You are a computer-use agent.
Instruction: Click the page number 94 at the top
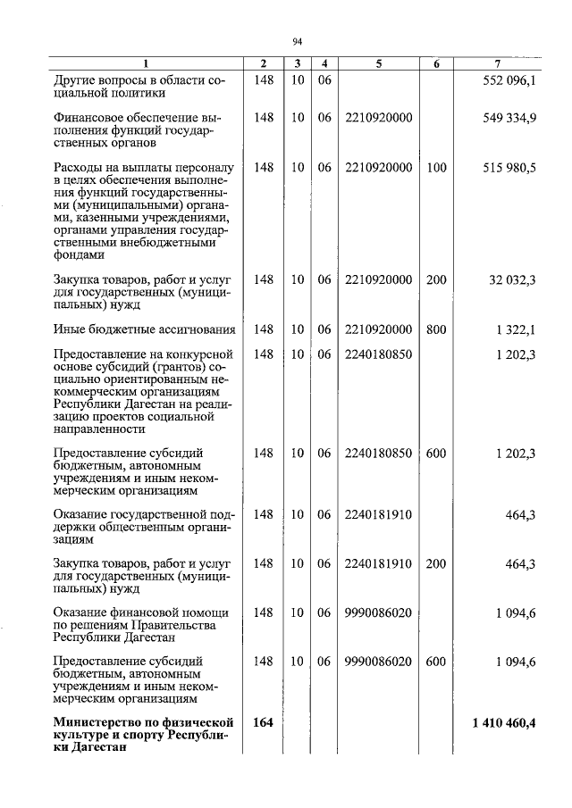coord(299,40)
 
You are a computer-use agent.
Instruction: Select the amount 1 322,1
coord(516,329)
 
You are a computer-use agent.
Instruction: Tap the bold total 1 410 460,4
coord(504,722)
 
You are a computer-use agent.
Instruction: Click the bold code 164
coord(263,722)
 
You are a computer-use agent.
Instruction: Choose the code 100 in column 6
coord(436,167)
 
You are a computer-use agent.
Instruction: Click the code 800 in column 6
coord(436,329)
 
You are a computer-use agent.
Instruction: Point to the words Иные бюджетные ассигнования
coord(144,329)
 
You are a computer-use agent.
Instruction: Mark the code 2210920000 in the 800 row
coord(378,329)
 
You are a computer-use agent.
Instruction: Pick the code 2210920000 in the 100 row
coord(378,167)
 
